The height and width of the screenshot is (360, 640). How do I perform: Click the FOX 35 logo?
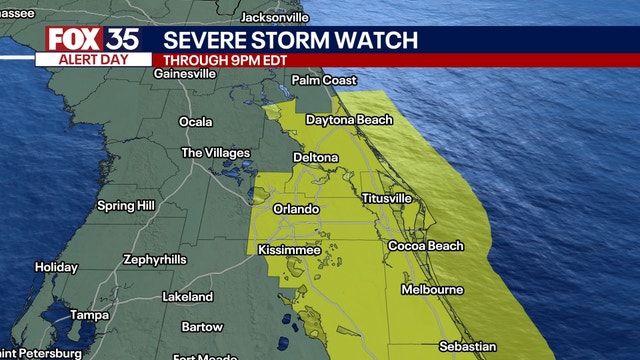coord(91,39)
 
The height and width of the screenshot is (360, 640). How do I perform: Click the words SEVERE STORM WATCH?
coord(291,40)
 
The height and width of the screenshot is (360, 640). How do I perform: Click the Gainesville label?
coord(185,73)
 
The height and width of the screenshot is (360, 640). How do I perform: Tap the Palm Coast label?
coord(325,80)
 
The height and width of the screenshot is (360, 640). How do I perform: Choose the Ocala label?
coord(195,122)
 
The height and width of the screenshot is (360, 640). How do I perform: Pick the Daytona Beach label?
coord(349,120)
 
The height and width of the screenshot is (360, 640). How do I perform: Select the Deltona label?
coord(315,158)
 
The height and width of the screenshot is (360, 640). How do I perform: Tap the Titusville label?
coord(386,198)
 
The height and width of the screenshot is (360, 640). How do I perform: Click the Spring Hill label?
coord(125,206)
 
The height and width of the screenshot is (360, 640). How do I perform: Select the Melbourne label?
coord(432,290)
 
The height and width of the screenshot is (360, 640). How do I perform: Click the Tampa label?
coord(89,316)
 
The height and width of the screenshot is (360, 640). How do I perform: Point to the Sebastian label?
coord(467,347)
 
